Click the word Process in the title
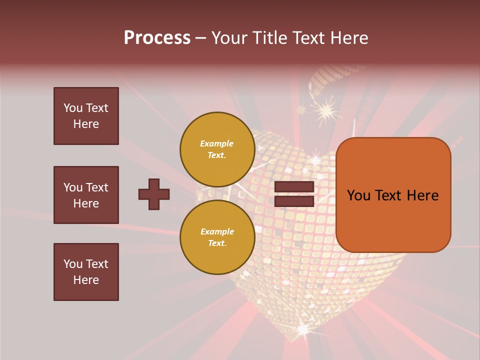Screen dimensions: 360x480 coord(157,38)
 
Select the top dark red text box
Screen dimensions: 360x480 coord(86,116)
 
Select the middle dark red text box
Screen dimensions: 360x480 coord(86,195)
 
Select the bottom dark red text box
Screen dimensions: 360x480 coord(86,272)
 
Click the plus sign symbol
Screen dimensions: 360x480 coord(154,194)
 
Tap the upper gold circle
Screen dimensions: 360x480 coord(217,149)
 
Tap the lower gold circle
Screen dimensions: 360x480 coord(217,237)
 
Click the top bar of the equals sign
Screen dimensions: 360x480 coord(294,187)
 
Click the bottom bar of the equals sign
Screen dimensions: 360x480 coord(294,201)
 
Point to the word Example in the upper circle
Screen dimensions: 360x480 coord(217,143)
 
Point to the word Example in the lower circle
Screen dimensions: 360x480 coord(217,231)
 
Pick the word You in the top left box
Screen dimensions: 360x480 coord(73,108)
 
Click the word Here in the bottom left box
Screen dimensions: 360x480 coord(86,280)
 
